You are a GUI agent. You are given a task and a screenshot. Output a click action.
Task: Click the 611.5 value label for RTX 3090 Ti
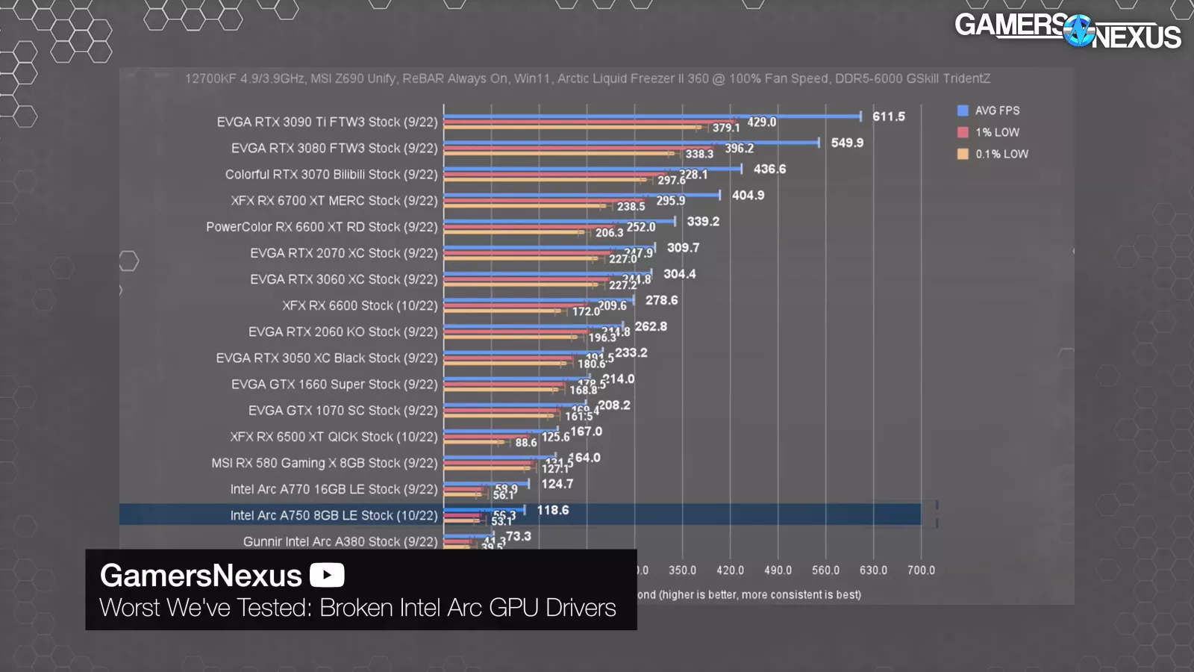pos(888,116)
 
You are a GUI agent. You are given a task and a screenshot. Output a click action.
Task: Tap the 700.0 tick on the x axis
pos(921,570)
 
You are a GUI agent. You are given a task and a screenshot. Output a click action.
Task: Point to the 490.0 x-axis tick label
pos(778,570)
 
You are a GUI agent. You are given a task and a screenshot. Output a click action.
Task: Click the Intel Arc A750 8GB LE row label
pos(334,515)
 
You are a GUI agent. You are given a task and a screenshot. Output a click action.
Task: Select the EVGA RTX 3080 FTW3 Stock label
pos(334,148)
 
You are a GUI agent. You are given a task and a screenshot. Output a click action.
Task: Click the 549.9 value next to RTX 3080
pos(847,143)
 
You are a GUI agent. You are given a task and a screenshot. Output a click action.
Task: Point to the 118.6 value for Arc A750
pos(552,510)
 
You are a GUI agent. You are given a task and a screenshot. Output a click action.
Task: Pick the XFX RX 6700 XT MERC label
pos(334,201)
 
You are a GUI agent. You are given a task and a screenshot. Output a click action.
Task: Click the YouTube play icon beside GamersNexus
pos(327,575)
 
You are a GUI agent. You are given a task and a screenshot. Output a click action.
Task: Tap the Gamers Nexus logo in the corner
pos(1067,30)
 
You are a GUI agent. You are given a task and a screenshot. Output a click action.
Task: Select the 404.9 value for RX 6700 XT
pos(748,195)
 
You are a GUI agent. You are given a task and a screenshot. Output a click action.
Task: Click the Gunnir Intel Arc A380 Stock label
pos(340,541)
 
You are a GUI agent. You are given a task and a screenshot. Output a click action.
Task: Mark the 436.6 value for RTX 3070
pos(769,169)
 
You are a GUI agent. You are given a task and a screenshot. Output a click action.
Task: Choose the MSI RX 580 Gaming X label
pos(325,463)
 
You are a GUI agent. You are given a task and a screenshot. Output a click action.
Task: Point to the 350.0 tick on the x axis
pos(682,570)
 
